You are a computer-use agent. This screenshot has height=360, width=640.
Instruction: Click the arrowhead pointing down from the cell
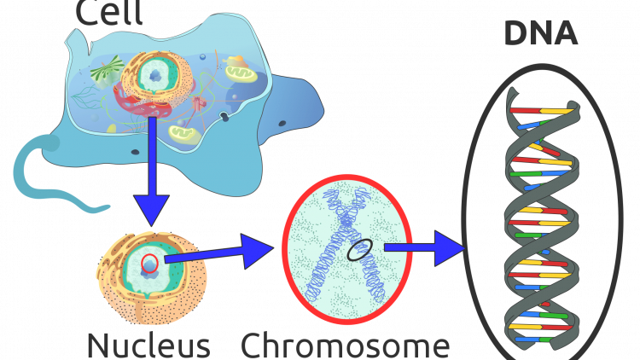(152, 208)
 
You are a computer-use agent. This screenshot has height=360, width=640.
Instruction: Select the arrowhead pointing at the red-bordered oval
(255, 251)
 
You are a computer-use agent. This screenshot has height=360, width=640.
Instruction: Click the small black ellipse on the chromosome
(359, 250)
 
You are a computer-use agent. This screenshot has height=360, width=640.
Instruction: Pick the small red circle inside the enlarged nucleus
(149, 263)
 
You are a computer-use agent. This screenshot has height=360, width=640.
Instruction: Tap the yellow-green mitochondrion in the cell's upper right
(241, 74)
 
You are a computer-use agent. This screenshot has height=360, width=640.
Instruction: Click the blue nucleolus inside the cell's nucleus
(155, 76)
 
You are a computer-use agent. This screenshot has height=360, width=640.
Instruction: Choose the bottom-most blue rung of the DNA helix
(527, 339)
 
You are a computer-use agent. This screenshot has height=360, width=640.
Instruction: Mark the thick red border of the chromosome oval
(287, 248)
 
